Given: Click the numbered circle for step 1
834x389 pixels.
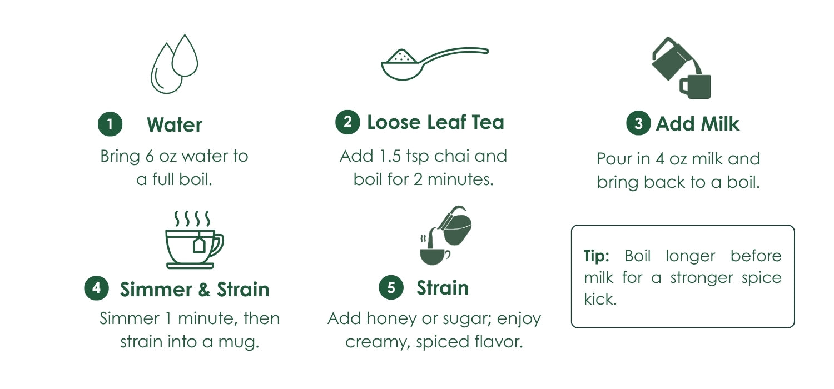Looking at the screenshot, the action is pyautogui.click(x=110, y=124).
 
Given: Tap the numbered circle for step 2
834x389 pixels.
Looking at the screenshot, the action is pyautogui.click(x=348, y=122).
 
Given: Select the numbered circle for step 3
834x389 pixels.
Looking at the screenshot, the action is pyautogui.click(x=638, y=123).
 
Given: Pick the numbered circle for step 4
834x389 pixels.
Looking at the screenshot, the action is pyautogui.click(x=96, y=288).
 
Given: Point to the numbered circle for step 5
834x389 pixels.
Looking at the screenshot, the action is pyautogui.click(x=391, y=287).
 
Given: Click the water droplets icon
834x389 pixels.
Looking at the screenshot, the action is pyautogui.click(x=174, y=64).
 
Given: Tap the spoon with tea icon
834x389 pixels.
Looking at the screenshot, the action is pyautogui.click(x=434, y=63).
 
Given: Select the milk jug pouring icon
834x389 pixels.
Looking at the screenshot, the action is pyautogui.click(x=681, y=68).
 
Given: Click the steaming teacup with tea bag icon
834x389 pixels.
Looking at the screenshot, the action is pyautogui.click(x=195, y=240).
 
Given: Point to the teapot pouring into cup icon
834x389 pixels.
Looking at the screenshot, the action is pyautogui.click(x=446, y=235).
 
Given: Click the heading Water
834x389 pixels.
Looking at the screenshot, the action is pyautogui.click(x=174, y=124).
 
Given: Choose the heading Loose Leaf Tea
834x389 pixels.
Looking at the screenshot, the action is pyautogui.click(x=435, y=122).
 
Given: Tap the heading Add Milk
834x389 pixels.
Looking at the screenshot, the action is pyautogui.click(x=697, y=123).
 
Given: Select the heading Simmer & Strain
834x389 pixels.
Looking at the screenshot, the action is pyautogui.click(x=195, y=289).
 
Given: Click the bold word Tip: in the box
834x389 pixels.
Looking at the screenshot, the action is pyautogui.click(x=596, y=256).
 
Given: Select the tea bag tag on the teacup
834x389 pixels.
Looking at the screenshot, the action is pyautogui.click(x=199, y=246).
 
